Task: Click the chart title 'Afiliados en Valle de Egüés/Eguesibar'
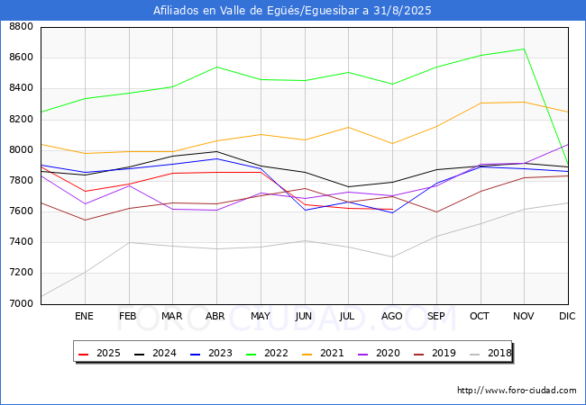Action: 256,11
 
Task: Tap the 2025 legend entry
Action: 99,353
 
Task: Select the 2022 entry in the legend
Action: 267,353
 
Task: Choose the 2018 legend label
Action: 490,353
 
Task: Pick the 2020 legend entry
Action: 379,353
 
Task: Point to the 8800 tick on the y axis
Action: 21,27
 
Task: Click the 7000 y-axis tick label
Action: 21,303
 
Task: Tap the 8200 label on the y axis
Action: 21,120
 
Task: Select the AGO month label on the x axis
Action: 391,316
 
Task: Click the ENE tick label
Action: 84,316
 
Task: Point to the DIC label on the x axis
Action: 567,316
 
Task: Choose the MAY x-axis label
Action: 261,316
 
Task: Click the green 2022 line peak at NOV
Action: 524,49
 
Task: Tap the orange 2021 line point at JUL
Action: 348,128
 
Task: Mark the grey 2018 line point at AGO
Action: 392,256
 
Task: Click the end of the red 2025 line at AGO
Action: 392,209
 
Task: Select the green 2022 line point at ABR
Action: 216,67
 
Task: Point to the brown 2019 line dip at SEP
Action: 436,212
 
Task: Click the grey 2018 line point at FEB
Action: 129,242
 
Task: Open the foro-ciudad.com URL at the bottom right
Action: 517,391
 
